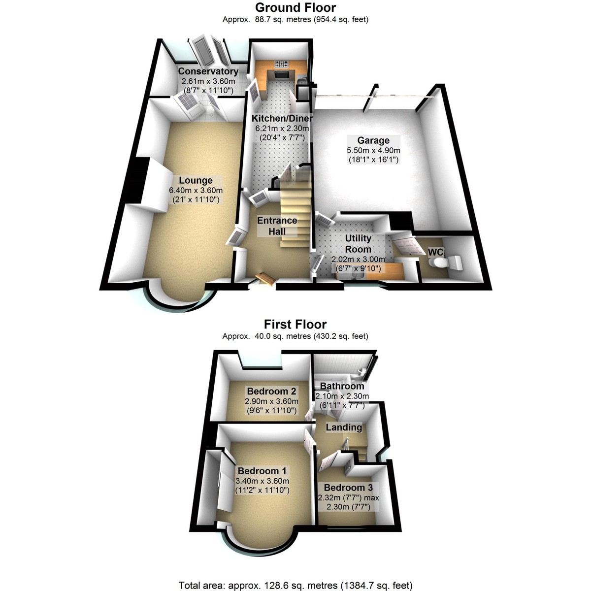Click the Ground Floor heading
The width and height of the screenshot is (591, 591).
295,7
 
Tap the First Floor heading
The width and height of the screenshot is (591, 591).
295,324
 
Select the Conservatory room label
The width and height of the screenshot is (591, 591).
208,71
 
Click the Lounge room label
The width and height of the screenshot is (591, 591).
196,180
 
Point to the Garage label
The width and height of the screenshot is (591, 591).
373,140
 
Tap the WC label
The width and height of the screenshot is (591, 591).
435,252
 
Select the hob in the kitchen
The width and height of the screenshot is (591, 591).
281,64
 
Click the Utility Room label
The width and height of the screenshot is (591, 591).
358,243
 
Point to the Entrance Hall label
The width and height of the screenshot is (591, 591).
277,226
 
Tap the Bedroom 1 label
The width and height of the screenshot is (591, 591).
262,471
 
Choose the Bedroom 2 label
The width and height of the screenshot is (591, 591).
271,391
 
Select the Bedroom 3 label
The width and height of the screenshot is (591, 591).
348,488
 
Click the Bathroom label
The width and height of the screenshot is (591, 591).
342,386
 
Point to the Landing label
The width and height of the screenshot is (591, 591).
344,427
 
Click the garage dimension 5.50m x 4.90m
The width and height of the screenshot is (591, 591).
373,150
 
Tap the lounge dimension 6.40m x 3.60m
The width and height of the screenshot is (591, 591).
196,190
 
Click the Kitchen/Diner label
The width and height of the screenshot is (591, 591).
282,118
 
